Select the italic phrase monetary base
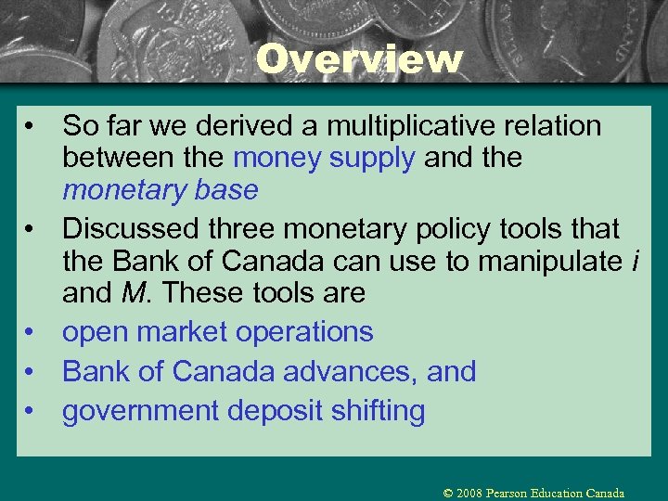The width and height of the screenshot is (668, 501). click(x=160, y=190)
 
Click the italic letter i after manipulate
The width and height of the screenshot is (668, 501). click(x=634, y=261)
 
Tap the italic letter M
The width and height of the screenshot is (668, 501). click(x=132, y=293)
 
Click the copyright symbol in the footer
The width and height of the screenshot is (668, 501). click(x=449, y=493)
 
